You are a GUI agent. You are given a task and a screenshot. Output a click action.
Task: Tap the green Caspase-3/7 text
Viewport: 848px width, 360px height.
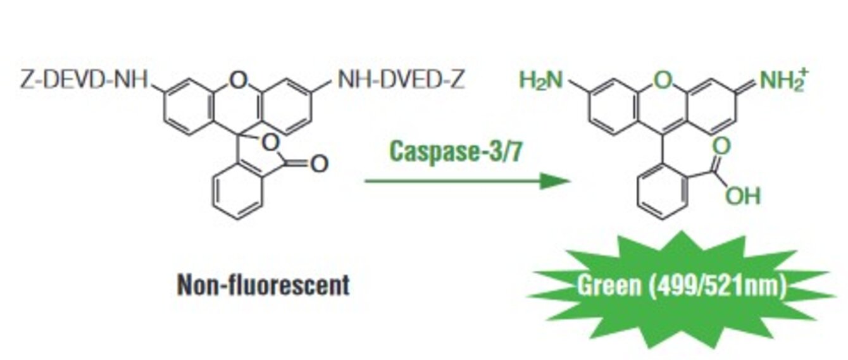pos(456,151)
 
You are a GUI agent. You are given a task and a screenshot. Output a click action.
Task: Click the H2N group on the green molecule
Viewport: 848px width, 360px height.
pos(540,80)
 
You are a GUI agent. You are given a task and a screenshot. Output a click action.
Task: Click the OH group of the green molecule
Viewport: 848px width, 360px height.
pos(742,197)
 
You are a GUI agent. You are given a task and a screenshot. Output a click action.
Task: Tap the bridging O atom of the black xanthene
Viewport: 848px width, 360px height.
pos(238,80)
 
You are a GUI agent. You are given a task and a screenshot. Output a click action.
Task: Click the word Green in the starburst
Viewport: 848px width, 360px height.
pos(608,286)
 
